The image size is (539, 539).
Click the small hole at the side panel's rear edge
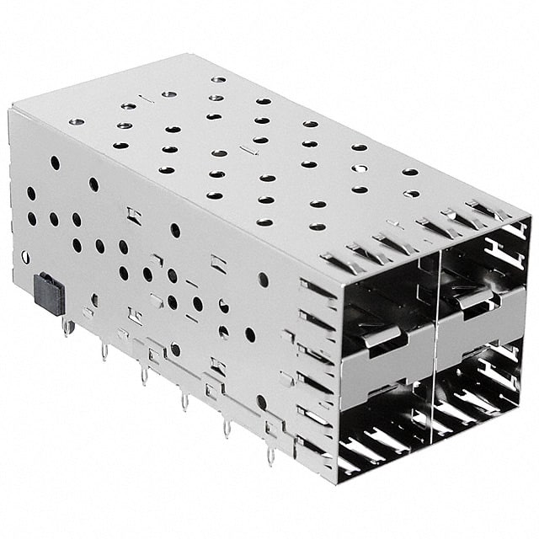tap(25, 257)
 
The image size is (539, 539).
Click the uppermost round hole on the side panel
tap(55, 163)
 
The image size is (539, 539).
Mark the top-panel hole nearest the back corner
tap(218, 80)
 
